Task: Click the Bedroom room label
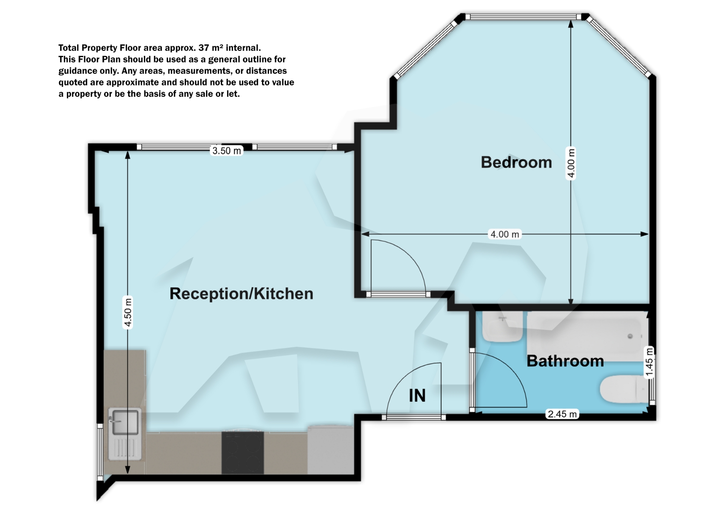pos(516,163)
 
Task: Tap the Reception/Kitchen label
pos(241,294)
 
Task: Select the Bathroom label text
pos(565,361)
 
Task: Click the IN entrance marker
pos(417,396)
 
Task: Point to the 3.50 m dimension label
pos(226,151)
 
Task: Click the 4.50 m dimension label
pos(128,312)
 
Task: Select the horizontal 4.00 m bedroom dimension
pos(504,234)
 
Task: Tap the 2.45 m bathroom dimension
pos(562,414)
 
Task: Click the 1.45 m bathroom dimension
pos(649,362)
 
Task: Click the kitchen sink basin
pos(124,422)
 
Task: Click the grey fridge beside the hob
pos(330,451)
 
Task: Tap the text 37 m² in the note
pos(209,48)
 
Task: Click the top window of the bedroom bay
pos(523,17)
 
